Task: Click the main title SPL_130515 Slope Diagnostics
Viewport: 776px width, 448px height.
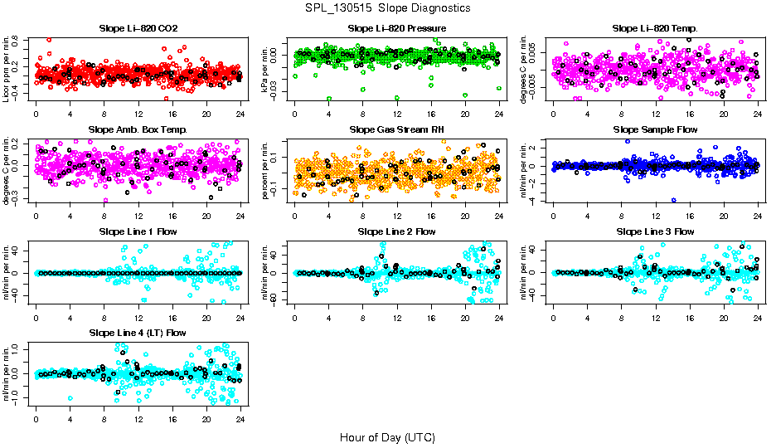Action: click(x=387, y=7)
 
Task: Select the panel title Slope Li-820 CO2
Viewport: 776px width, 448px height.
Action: click(x=138, y=28)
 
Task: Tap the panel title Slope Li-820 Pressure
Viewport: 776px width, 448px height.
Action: click(x=397, y=28)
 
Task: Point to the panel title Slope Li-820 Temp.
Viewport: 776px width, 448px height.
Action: click(x=655, y=28)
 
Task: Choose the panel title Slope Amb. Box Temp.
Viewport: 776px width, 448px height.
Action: click(x=138, y=129)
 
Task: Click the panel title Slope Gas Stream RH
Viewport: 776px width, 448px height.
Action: click(x=397, y=129)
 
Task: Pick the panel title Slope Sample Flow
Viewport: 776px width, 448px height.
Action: click(x=655, y=129)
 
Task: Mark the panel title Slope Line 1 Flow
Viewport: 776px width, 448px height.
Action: click(x=138, y=231)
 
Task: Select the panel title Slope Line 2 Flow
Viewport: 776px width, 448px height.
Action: click(x=397, y=231)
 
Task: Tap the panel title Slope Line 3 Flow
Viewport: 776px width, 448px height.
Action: click(x=655, y=231)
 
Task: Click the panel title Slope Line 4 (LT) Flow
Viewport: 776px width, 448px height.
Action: click(x=138, y=333)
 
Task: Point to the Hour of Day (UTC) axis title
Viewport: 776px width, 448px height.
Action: click(x=387, y=436)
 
